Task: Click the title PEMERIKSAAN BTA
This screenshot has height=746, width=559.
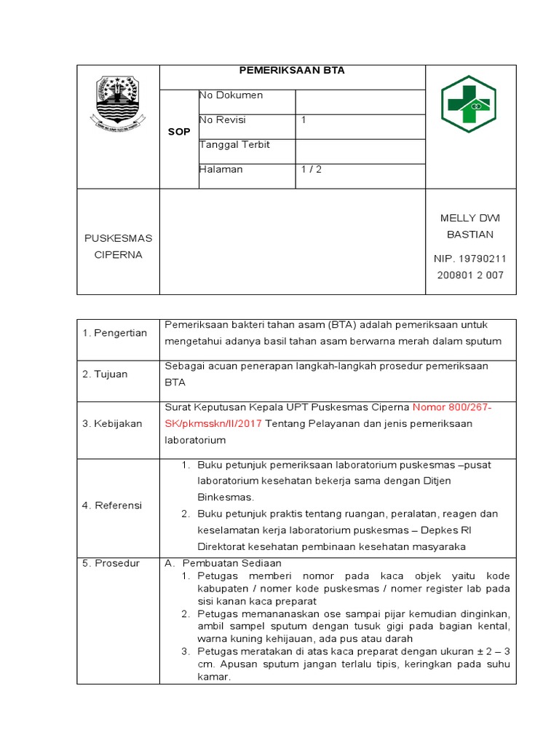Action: [292, 71]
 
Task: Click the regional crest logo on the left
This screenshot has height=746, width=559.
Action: [118, 103]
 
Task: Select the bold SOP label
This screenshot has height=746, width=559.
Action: [178, 132]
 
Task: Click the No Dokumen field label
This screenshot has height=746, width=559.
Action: [231, 95]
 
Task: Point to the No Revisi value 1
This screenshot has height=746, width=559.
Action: [304, 120]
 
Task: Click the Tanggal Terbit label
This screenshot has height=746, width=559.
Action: [234, 145]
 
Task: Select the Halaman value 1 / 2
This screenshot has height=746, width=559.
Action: [312, 170]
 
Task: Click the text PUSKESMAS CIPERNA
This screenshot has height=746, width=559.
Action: [118, 246]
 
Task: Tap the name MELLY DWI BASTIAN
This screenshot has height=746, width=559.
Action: [470, 226]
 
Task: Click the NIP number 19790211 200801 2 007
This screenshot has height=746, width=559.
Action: [470, 267]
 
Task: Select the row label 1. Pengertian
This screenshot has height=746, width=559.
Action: [115, 334]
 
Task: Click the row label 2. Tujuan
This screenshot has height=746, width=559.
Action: [105, 374]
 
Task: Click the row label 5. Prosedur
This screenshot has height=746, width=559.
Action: [111, 564]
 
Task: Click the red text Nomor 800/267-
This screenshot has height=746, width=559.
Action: [452, 407]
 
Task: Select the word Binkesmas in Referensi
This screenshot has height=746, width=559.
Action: [226, 498]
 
